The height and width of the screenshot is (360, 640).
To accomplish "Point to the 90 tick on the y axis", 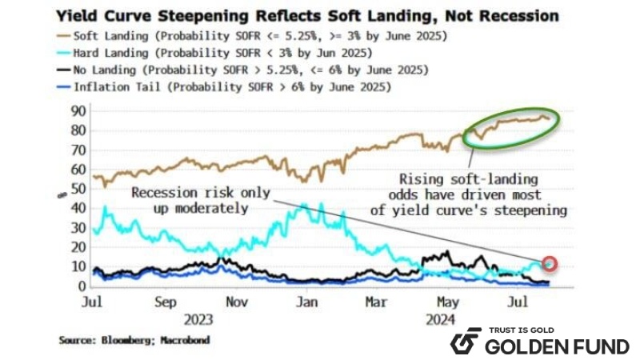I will pyautogui.click(x=78, y=110).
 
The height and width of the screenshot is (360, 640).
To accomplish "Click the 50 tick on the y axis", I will pyautogui.click(x=78, y=188).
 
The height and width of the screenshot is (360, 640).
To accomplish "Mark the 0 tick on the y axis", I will pyautogui.click(x=81, y=286).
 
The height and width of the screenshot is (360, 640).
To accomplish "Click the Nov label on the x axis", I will pyautogui.click(x=235, y=303).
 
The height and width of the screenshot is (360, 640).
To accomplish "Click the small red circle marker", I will pyautogui.click(x=549, y=263).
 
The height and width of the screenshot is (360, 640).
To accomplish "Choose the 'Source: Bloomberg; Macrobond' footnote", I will pyautogui.click(x=131, y=340).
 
